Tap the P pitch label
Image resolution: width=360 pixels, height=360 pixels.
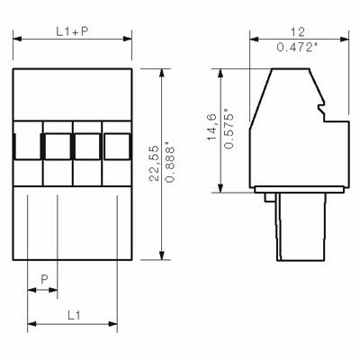44,279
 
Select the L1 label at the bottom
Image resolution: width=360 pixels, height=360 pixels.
74,314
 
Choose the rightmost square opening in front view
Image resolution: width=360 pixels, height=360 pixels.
118,145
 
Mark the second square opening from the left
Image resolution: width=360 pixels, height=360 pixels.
58,145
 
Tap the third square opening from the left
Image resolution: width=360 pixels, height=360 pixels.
88,145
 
